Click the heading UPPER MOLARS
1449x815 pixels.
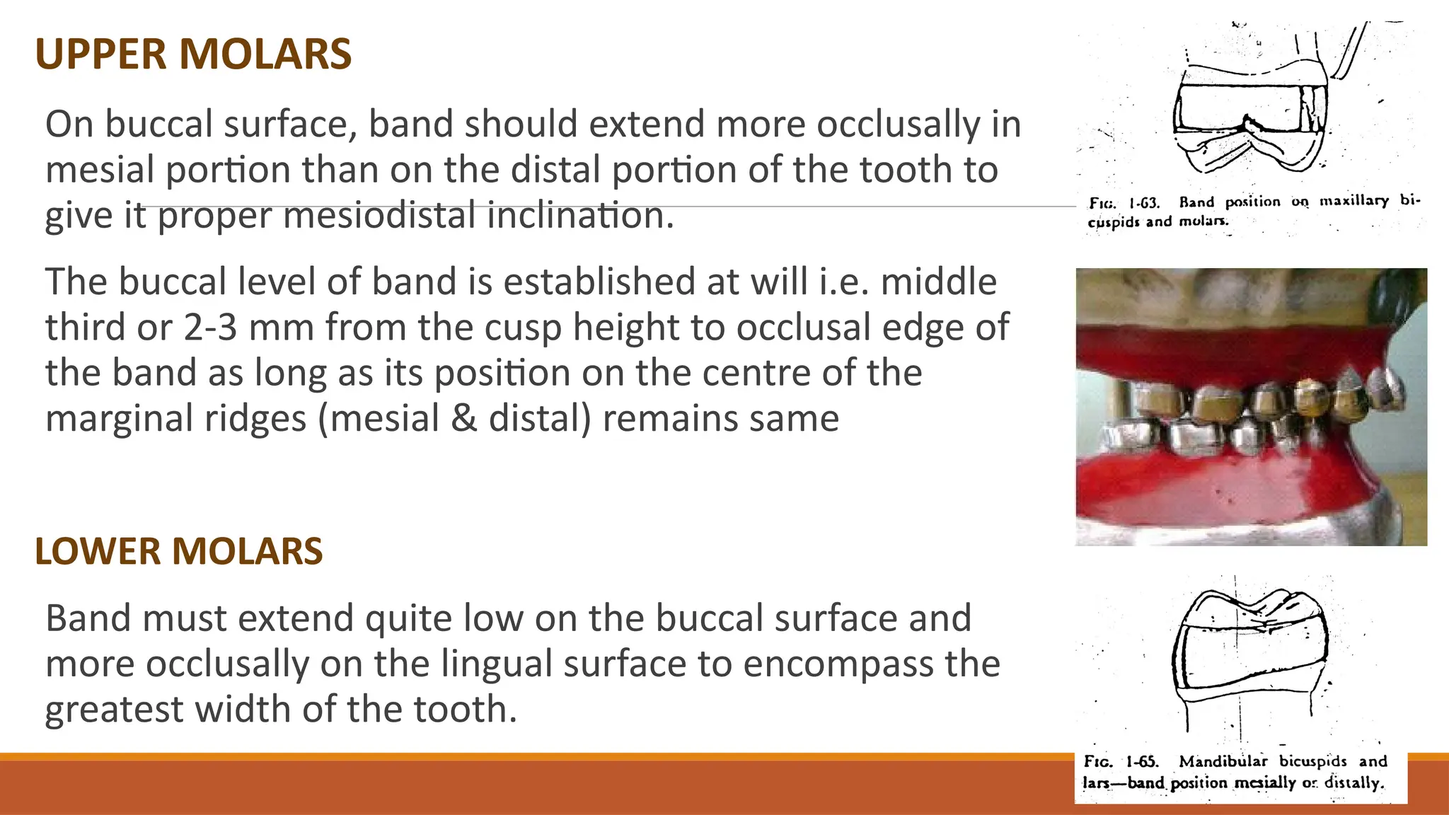click(x=193, y=54)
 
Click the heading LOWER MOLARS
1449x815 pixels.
click(x=178, y=552)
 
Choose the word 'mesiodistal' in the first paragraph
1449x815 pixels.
click(x=379, y=215)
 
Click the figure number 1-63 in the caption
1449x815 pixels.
click(x=1143, y=203)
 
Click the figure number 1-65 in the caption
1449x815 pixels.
click(x=1142, y=762)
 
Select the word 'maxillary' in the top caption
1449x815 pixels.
click(x=1353, y=201)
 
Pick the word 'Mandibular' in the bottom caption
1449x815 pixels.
click(x=1223, y=761)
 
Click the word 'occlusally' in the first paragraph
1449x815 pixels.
click(x=899, y=125)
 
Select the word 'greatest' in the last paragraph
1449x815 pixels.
click(x=114, y=710)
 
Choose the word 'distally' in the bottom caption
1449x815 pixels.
click(x=1353, y=783)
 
